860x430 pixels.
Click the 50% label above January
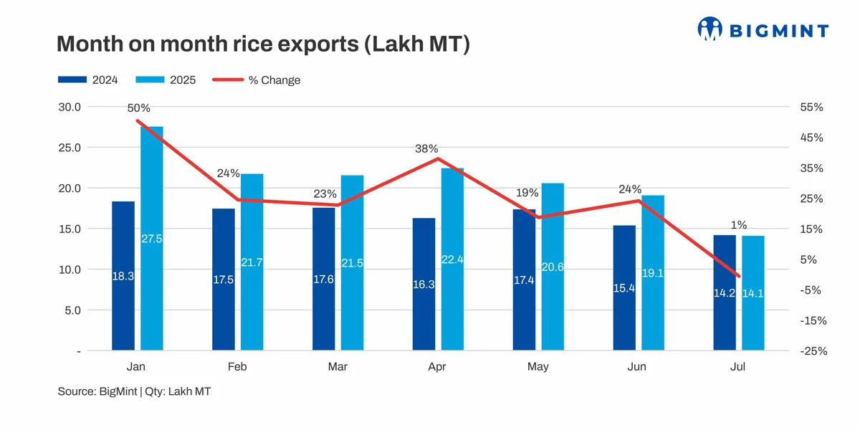pos(139,108)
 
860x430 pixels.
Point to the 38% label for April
pos(426,149)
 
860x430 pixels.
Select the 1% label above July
pos(739,225)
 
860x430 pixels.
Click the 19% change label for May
pos(527,193)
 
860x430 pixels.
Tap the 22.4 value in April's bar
pos(452,259)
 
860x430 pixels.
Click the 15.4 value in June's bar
pos(624,288)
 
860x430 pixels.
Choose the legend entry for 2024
pos(88,80)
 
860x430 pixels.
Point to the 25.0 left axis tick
pos(70,148)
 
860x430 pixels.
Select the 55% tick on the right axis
pos(812,107)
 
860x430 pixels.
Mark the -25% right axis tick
pos(813,351)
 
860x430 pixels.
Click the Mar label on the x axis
pos(338,367)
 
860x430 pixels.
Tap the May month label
pos(537,367)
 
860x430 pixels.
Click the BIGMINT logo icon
pos(710,29)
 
